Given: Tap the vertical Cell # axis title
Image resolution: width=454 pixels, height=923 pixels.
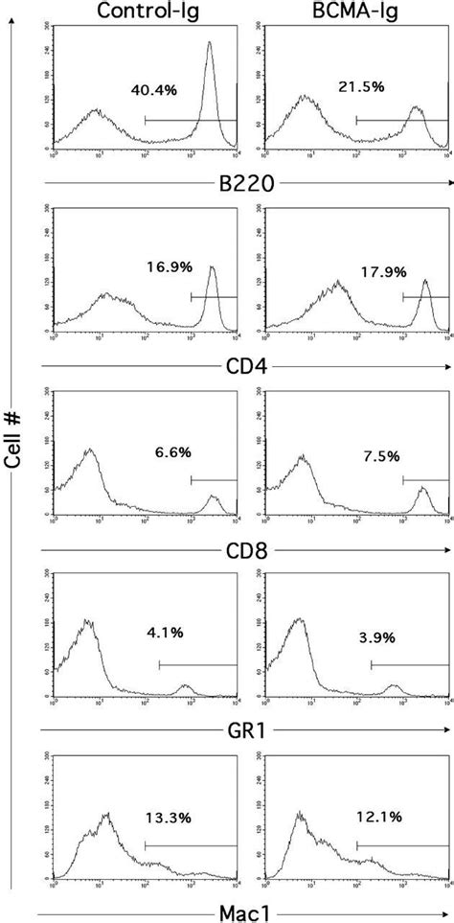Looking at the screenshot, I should (x=12, y=460).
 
